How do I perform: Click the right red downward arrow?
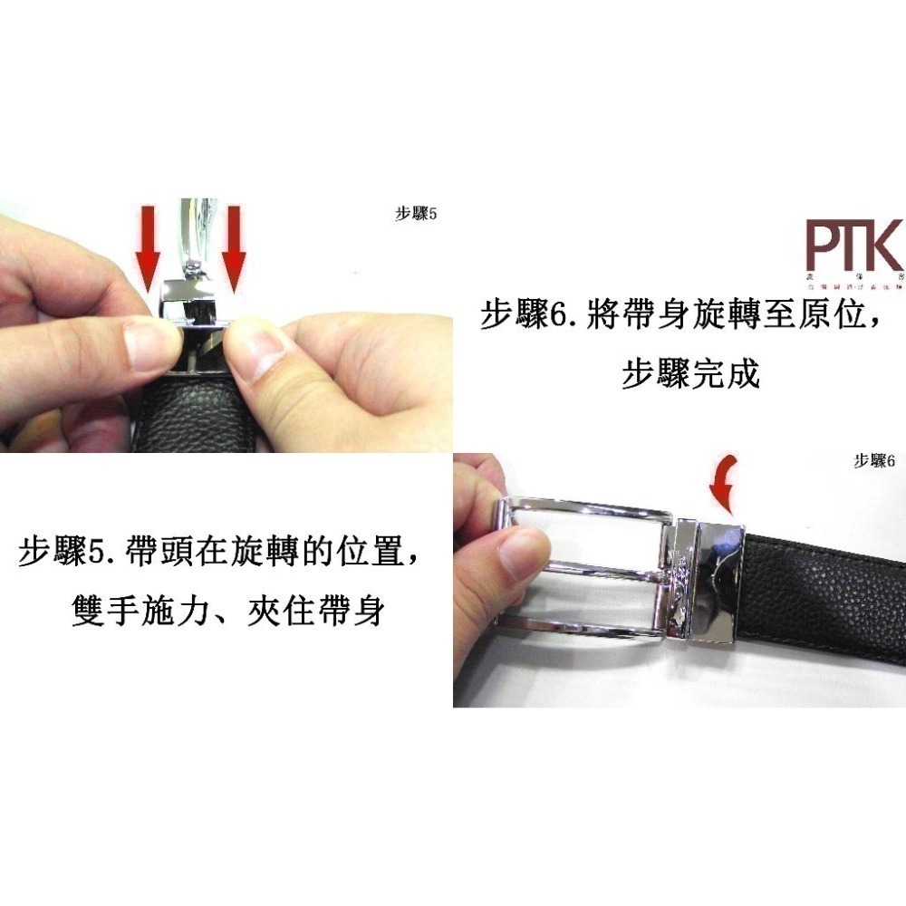tap(234, 246)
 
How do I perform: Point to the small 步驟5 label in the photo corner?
tap(416, 215)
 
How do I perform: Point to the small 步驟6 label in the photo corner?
tap(874, 462)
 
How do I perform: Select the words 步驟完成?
tap(690, 373)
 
